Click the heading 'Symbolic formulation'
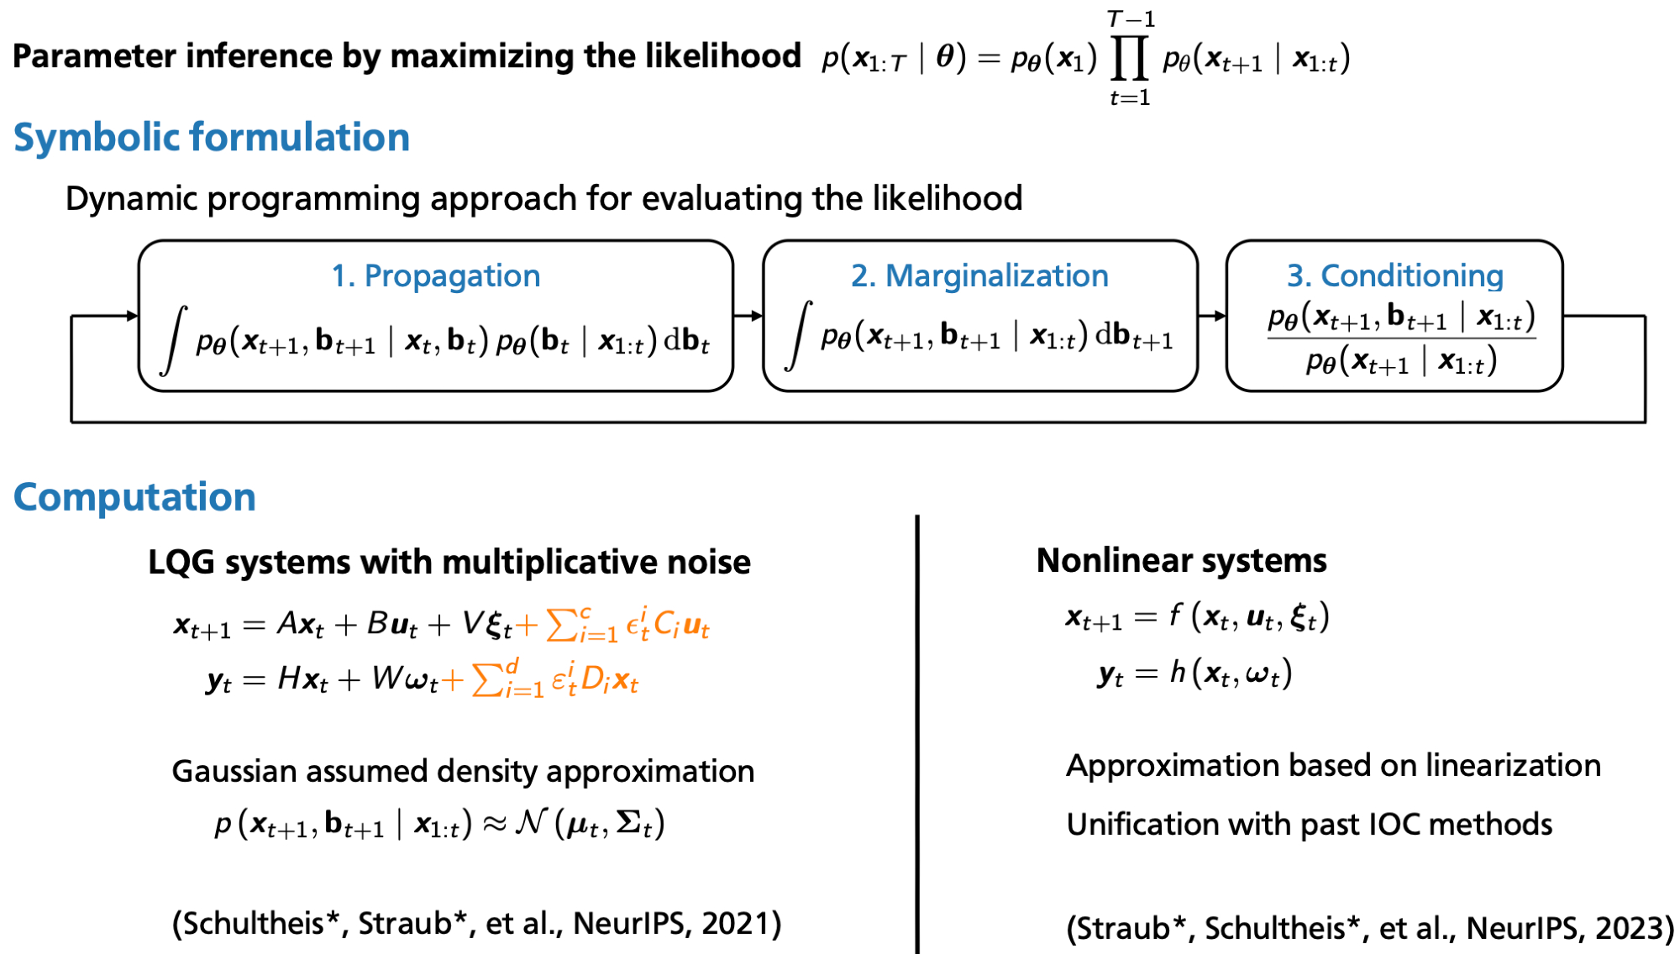click(x=211, y=138)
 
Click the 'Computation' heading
click(x=134, y=497)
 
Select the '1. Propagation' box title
click(x=435, y=275)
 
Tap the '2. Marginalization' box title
click(x=979, y=275)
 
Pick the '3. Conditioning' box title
click(x=1394, y=275)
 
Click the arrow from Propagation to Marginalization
click(x=748, y=316)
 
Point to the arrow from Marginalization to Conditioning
click(x=1211, y=316)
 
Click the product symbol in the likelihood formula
click(x=1129, y=59)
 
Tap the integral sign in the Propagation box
click(x=173, y=339)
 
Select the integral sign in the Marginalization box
click(x=798, y=336)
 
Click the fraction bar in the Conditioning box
click(x=1401, y=338)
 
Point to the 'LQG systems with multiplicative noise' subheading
click(x=449, y=562)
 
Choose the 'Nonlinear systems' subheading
click(x=1181, y=560)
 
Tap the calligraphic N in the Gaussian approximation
click(x=531, y=822)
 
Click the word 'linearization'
click(x=1513, y=766)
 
